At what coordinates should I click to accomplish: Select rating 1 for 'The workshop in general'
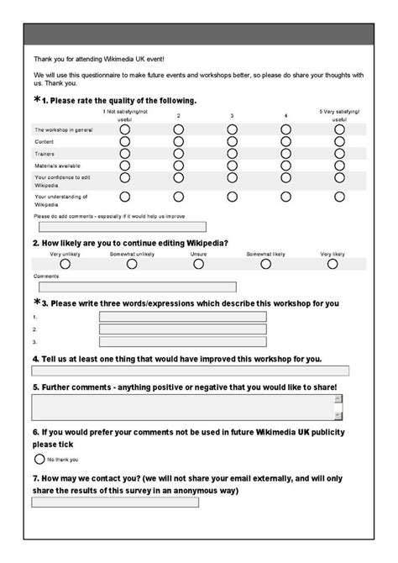click(x=125, y=129)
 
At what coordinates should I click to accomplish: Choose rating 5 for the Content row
click(x=339, y=142)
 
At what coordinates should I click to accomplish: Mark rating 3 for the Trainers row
click(x=232, y=154)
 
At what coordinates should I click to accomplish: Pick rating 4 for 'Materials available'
click(x=285, y=166)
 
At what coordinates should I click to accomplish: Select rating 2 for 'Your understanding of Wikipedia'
click(x=178, y=197)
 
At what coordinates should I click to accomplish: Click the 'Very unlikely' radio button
click(x=65, y=263)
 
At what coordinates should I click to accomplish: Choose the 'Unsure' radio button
click(x=198, y=263)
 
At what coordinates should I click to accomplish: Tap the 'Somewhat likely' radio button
click(x=265, y=263)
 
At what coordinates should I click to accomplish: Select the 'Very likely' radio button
click(x=333, y=263)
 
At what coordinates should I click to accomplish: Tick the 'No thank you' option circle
click(x=39, y=460)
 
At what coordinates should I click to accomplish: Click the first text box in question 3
click(x=182, y=317)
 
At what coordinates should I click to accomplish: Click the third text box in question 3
click(x=182, y=342)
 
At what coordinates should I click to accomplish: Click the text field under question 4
click(x=190, y=371)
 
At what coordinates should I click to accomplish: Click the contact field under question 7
click(x=115, y=502)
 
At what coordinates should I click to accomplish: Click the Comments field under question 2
click(x=134, y=287)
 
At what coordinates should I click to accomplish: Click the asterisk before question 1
click(x=37, y=100)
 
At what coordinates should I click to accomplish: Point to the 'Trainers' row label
click(x=44, y=155)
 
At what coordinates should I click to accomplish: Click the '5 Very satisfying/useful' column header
click(x=339, y=115)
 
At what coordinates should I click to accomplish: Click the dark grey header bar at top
click(x=199, y=34)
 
